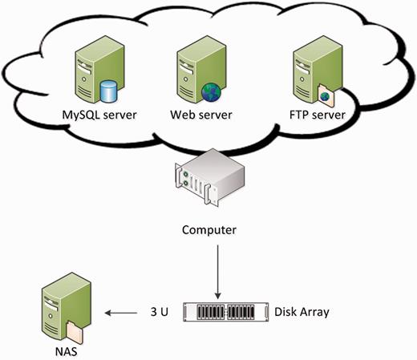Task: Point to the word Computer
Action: pyautogui.click(x=208, y=230)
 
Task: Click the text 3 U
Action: pyautogui.click(x=159, y=310)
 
